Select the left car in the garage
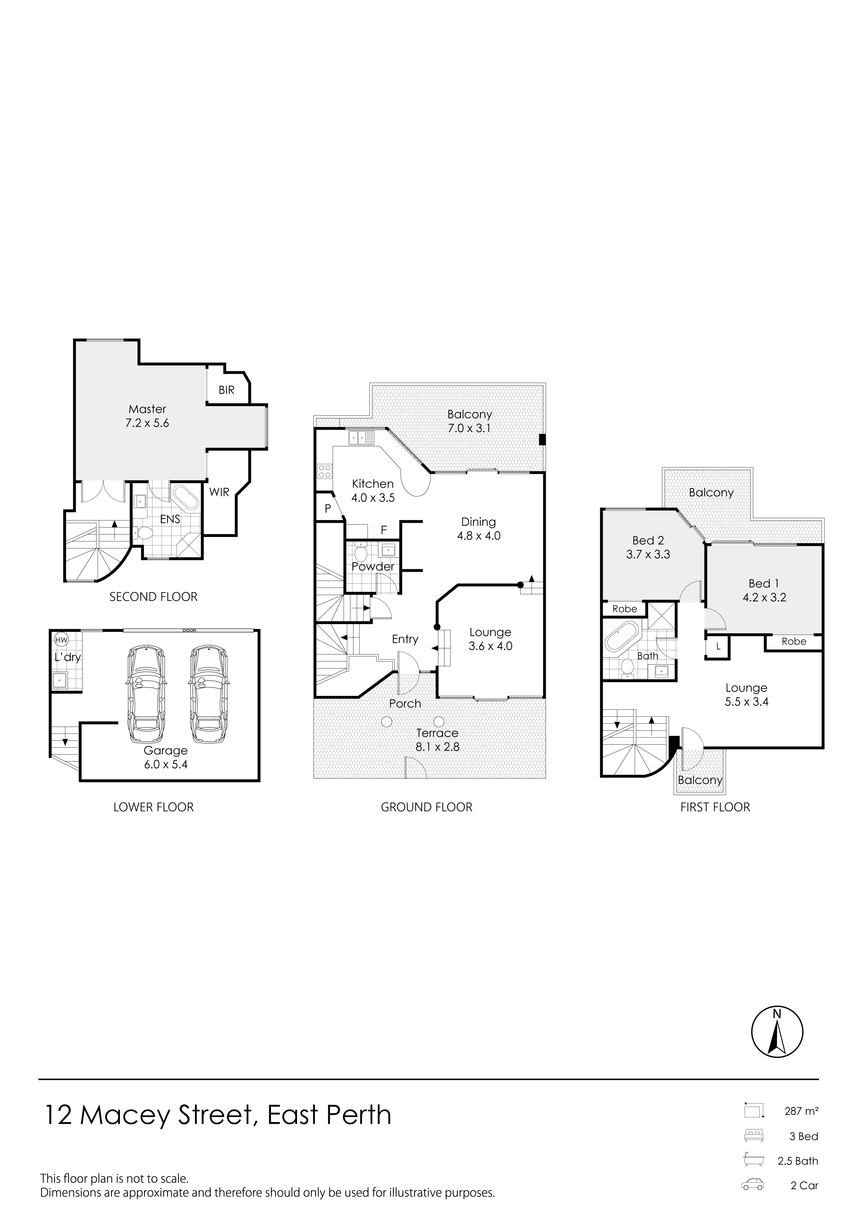tap(145, 694)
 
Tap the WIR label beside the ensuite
tap(219, 492)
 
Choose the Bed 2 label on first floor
tap(648, 541)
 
